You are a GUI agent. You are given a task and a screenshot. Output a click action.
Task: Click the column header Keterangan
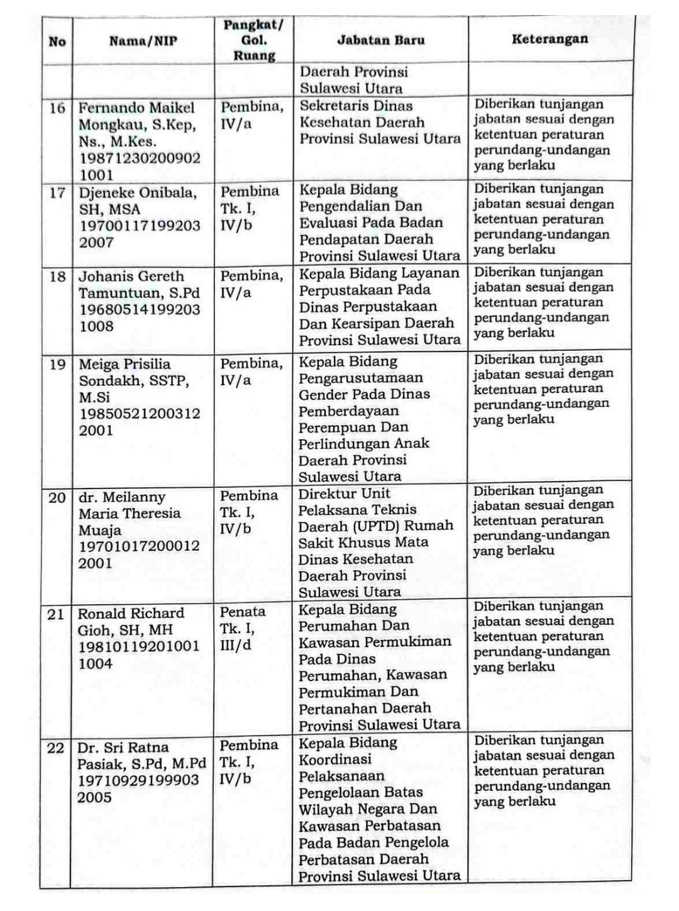(549, 39)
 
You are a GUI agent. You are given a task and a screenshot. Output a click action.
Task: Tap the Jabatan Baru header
(380, 40)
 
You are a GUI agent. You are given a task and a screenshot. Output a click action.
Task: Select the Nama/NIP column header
(143, 41)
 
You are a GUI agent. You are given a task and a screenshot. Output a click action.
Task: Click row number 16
(57, 108)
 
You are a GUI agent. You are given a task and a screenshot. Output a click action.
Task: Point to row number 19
(57, 365)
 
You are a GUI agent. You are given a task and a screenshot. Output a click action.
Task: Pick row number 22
(56, 748)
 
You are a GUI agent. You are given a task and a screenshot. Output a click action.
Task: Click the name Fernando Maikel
(136, 108)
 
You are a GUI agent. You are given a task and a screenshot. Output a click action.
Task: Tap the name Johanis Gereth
(131, 277)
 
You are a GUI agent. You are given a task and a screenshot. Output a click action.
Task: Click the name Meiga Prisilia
(124, 365)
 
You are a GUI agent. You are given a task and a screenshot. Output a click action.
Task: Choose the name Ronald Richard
(131, 614)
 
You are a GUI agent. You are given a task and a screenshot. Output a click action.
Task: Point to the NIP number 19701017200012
(139, 546)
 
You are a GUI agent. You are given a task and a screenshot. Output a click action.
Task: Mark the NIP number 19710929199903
(138, 781)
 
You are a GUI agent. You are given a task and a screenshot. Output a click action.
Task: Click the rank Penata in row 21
(243, 612)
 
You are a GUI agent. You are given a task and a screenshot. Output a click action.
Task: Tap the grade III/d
(235, 645)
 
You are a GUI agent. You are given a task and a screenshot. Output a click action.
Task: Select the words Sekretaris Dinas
(356, 106)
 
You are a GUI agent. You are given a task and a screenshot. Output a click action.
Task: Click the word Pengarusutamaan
(360, 378)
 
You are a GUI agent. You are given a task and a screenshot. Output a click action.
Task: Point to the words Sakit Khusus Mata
(363, 542)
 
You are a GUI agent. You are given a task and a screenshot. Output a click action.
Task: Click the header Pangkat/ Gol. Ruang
(253, 40)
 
